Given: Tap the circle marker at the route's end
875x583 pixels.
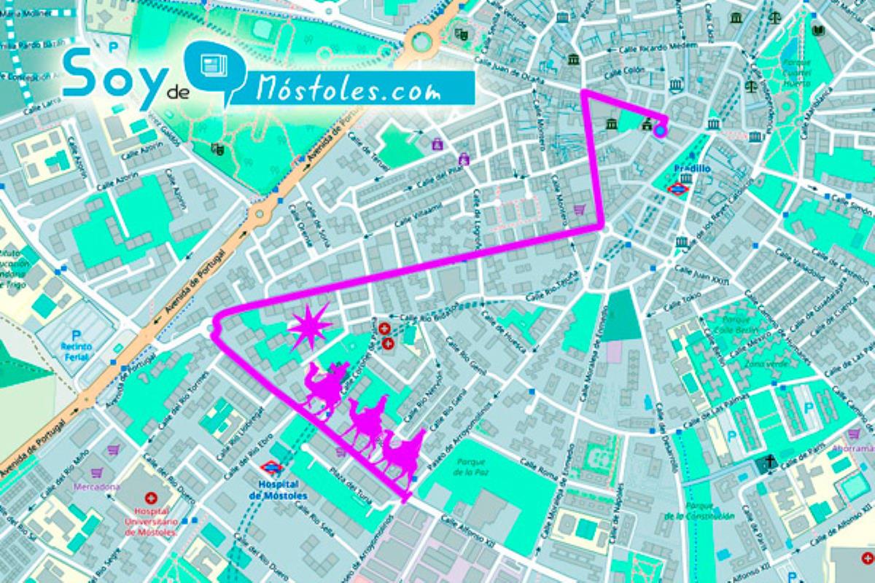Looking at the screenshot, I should pyautogui.click(x=660, y=131).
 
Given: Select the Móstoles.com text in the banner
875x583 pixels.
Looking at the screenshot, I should pyautogui.click(x=349, y=90).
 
